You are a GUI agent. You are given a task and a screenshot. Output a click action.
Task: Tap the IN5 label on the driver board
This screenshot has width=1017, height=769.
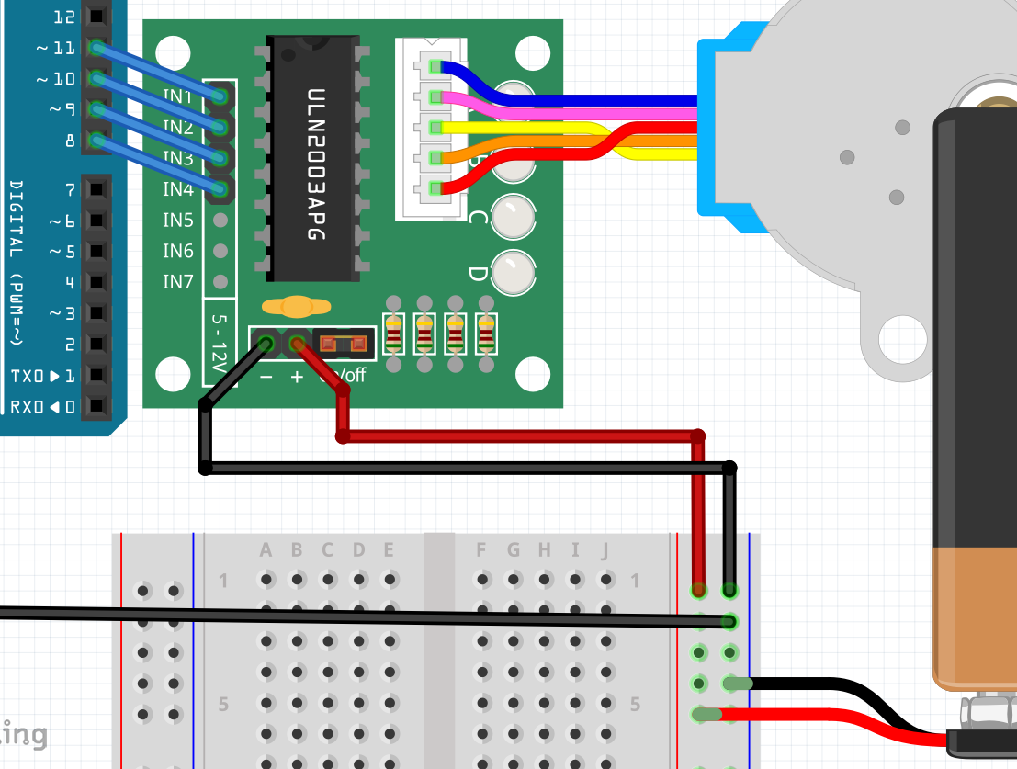178,221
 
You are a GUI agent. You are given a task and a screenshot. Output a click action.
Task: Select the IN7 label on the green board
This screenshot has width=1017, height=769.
178,282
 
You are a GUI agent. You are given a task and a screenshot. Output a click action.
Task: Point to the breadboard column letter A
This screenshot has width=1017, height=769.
266,550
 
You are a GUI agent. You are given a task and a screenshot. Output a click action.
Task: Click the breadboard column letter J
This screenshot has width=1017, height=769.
605,550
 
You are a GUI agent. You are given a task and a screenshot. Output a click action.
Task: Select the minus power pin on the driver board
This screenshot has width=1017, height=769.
266,345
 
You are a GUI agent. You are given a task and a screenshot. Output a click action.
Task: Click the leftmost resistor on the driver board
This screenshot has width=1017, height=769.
393,334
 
